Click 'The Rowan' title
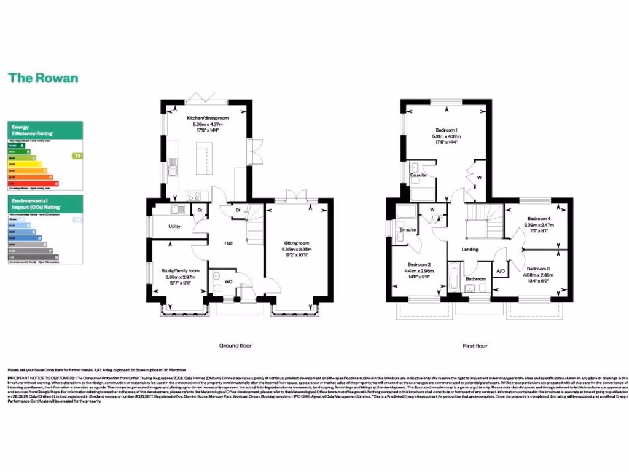click(x=43, y=78)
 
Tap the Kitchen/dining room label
click(x=207, y=117)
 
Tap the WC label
click(x=228, y=282)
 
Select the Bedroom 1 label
click(x=447, y=130)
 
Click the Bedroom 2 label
click(x=420, y=265)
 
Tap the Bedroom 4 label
click(x=539, y=219)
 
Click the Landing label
click(x=470, y=249)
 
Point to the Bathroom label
click(x=475, y=279)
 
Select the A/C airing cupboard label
click(x=500, y=271)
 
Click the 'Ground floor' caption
click(x=235, y=346)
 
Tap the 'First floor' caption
click(x=475, y=346)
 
